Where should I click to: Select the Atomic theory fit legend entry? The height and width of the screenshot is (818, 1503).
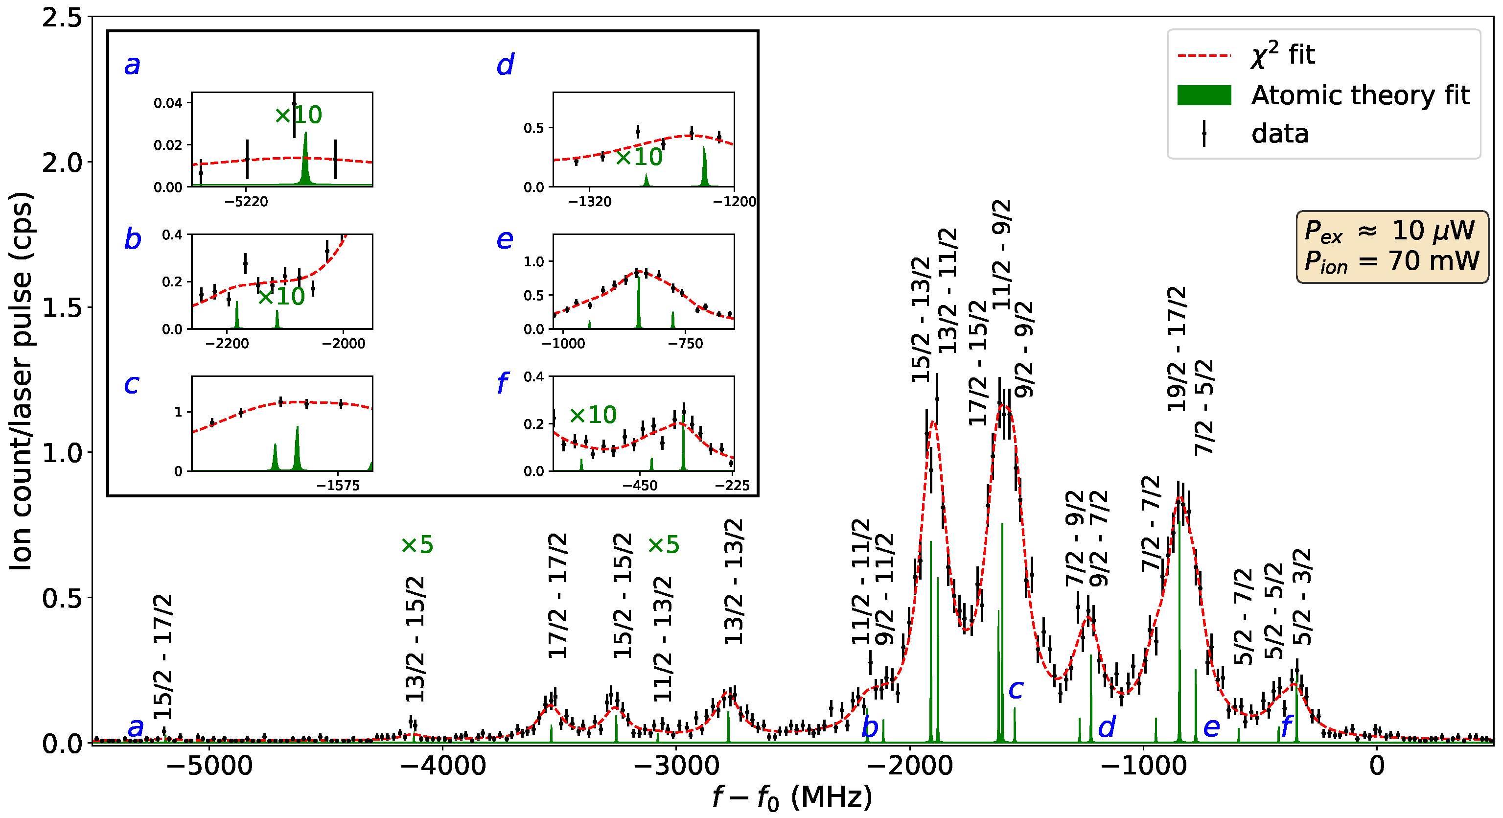pyautogui.click(x=1360, y=95)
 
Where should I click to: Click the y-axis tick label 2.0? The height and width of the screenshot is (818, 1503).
pyautogui.click(x=63, y=162)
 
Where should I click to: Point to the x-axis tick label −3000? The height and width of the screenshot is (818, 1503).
pyautogui.click(x=676, y=766)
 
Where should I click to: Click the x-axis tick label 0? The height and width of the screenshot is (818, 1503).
pyautogui.click(x=1376, y=766)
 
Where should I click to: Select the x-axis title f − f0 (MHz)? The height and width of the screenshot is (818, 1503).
pyautogui.click(x=792, y=797)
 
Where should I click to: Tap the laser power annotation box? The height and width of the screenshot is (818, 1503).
pyautogui.click(x=1391, y=247)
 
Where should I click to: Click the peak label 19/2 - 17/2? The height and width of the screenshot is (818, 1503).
pyautogui.click(x=1176, y=349)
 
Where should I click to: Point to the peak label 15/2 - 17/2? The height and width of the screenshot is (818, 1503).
pyautogui.click(x=163, y=656)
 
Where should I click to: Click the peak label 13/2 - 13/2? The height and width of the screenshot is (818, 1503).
pyautogui.click(x=734, y=581)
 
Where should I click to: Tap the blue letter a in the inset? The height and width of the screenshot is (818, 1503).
pyautogui.click(x=133, y=65)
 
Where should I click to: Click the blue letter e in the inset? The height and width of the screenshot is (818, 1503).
pyautogui.click(x=505, y=239)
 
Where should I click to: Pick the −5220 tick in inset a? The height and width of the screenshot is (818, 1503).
pyautogui.click(x=247, y=202)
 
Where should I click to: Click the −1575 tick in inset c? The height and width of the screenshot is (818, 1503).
pyautogui.click(x=338, y=486)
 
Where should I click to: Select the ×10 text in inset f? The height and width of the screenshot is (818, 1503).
pyautogui.click(x=592, y=415)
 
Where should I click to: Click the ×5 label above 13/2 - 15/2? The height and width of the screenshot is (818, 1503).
pyautogui.click(x=417, y=545)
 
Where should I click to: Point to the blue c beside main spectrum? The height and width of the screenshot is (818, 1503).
pyautogui.click(x=1016, y=690)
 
